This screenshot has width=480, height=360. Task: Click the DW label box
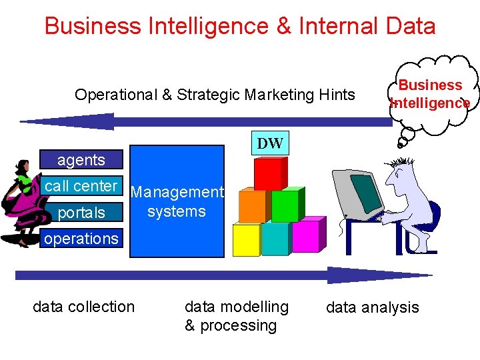pos(270,143)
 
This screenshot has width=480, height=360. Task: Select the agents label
pos(81,160)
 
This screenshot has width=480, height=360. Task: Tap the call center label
pos(81,186)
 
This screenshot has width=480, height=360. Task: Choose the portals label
pos(81,213)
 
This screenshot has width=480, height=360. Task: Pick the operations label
pos(81,238)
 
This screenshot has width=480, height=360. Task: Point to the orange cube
pos(253,206)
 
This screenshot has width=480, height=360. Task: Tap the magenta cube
pos(305,237)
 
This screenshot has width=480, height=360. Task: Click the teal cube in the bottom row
pos(275,239)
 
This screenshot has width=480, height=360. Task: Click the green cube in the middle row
pos(285,206)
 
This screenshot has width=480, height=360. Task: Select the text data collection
pos(83,307)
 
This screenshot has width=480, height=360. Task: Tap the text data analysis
pos(372,307)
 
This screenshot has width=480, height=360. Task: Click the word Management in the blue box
pos(177,193)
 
